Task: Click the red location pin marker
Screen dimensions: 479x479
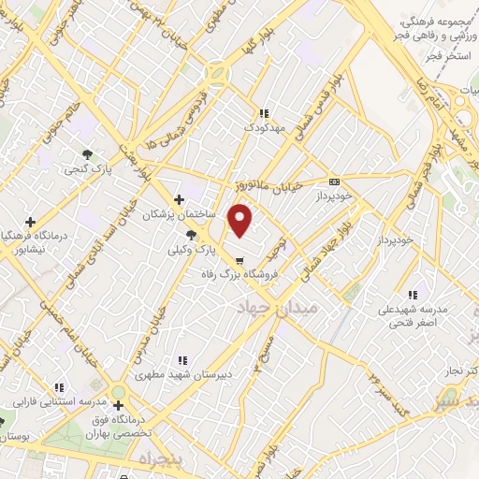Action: click(241, 219)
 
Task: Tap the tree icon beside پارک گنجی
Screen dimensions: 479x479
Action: click(87, 153)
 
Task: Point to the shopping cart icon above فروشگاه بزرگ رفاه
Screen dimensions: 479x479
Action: click(240, 261)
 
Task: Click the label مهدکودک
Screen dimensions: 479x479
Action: click(262, 125)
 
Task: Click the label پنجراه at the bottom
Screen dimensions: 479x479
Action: click(157, 460)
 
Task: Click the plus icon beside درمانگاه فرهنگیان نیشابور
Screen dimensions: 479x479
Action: click(31, 222)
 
